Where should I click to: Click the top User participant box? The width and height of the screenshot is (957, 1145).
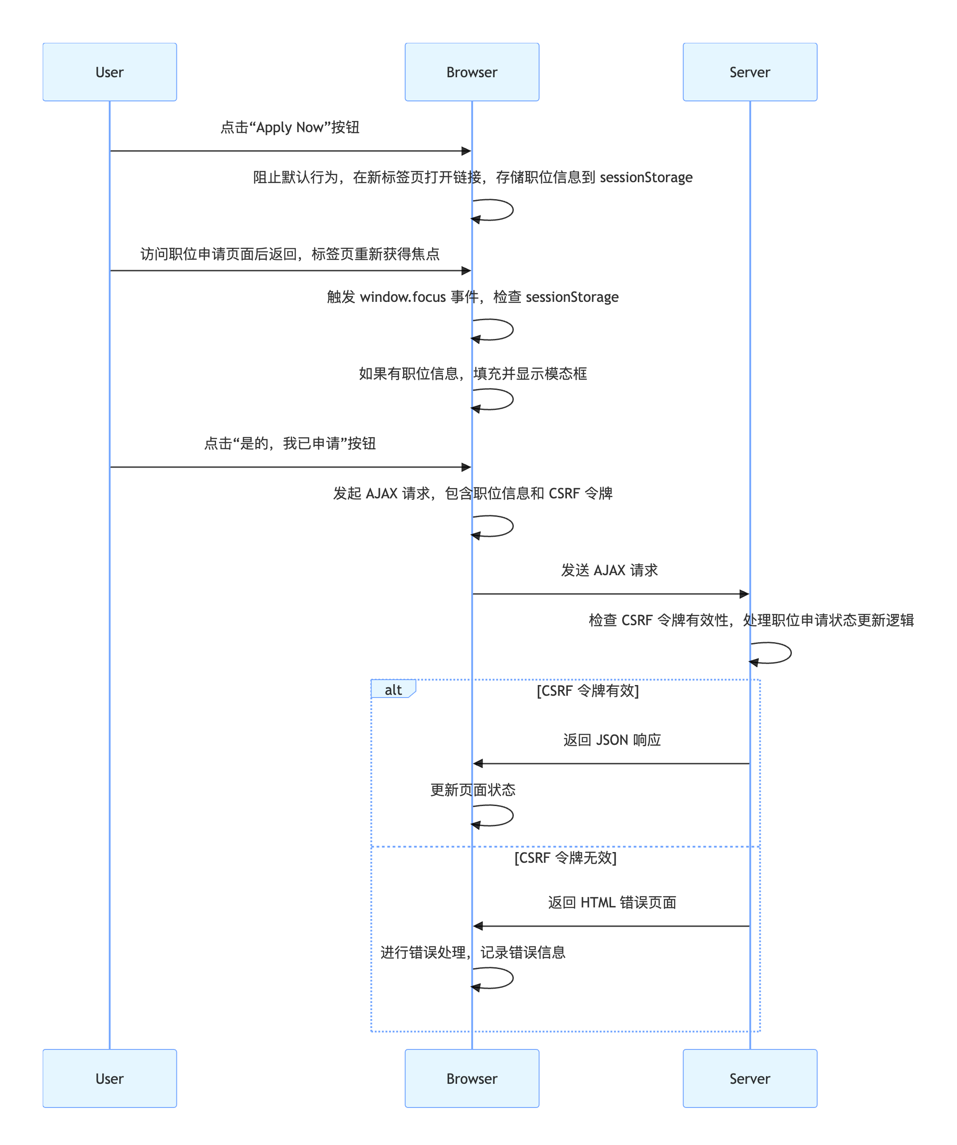click(x=109, y=72)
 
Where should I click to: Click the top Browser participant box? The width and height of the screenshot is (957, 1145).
click(x=471, y=72)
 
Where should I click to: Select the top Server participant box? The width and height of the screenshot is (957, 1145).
click(x=749, y=72)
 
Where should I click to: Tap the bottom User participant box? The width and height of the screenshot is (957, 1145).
click(x=109, y=1078)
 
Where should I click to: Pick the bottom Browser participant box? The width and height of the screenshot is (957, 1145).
click(x=471, y=1078)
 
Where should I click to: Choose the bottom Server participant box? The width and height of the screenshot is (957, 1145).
click(x=749, y=1078)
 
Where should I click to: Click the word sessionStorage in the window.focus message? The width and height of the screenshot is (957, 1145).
click(x=572, y=297)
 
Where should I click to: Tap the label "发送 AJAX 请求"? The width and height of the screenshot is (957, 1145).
click(x=609, y=570)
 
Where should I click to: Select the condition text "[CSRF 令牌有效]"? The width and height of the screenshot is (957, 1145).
click(x=587, y=691)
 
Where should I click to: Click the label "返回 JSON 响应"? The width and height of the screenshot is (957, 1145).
click(x=612, y=740)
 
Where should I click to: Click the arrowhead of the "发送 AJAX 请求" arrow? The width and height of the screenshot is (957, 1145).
click(x=744, y=594)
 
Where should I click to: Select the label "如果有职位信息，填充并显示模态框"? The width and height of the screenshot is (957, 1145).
click(x=473, y=373)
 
